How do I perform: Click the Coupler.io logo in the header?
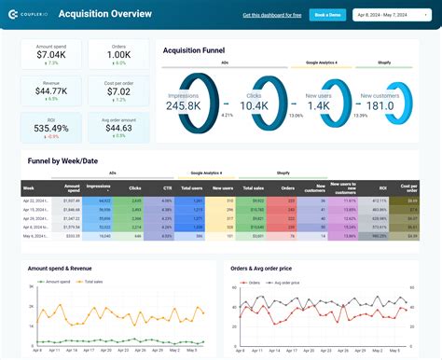[29, 14]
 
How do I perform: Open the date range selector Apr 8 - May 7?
[390, 15]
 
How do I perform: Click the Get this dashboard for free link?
[270, 15]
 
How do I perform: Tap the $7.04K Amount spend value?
[51, 55]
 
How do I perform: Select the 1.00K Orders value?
[118, 55]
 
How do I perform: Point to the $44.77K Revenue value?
[51, 90]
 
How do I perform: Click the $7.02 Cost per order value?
[118, 90]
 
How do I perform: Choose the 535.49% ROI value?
[51, 127]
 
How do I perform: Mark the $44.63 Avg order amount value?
[118, 127]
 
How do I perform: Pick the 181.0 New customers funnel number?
[380, 106]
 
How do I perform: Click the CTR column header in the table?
[166, 187]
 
